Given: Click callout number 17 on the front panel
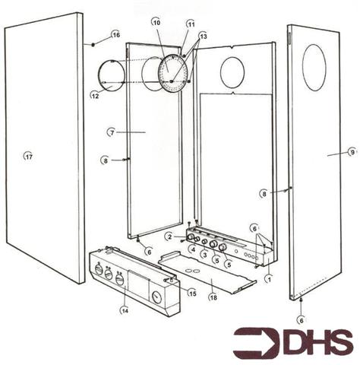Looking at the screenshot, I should coord(28,156).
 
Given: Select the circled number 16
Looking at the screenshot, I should coord(115,35).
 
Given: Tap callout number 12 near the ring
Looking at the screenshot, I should coord(95,96).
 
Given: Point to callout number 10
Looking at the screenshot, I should coord(156,24).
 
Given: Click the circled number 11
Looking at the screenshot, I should coord(190,24).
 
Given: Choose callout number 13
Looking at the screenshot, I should coord(203,36).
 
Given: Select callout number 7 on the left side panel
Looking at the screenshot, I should coord(112,132).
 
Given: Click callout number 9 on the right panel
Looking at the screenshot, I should coord(352,152).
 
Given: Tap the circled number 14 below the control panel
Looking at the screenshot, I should coord(124,309).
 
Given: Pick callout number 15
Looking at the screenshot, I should coord(192,293).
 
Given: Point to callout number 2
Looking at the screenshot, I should coord(169,236).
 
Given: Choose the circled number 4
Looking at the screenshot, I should coord(193,249).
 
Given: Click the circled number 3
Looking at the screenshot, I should coord(204,254).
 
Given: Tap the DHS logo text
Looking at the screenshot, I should coord(319,343).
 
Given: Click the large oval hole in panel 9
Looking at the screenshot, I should coord(314,68).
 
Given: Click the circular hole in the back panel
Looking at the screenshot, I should coord(232,72).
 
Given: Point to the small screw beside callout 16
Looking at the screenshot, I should coord(93,45).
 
